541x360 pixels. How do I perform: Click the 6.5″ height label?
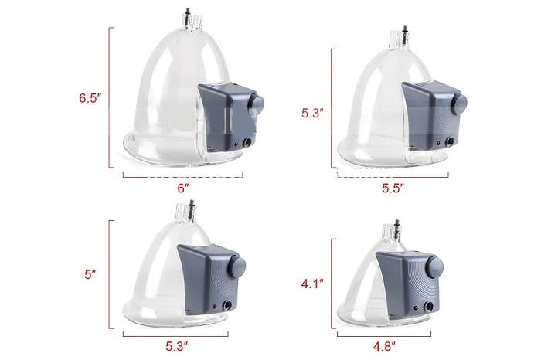tap(90, 98)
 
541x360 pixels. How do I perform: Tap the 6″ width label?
tap(183, 188)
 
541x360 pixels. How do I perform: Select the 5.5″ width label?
tap(393, 188)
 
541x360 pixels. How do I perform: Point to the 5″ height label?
tap(90, 274)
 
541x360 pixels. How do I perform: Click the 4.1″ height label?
tap(312, 284)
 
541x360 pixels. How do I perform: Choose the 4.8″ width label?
tap(384, 346)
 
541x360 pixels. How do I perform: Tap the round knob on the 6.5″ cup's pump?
tap(256, 103)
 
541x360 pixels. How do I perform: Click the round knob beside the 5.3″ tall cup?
tap(459, 103)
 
